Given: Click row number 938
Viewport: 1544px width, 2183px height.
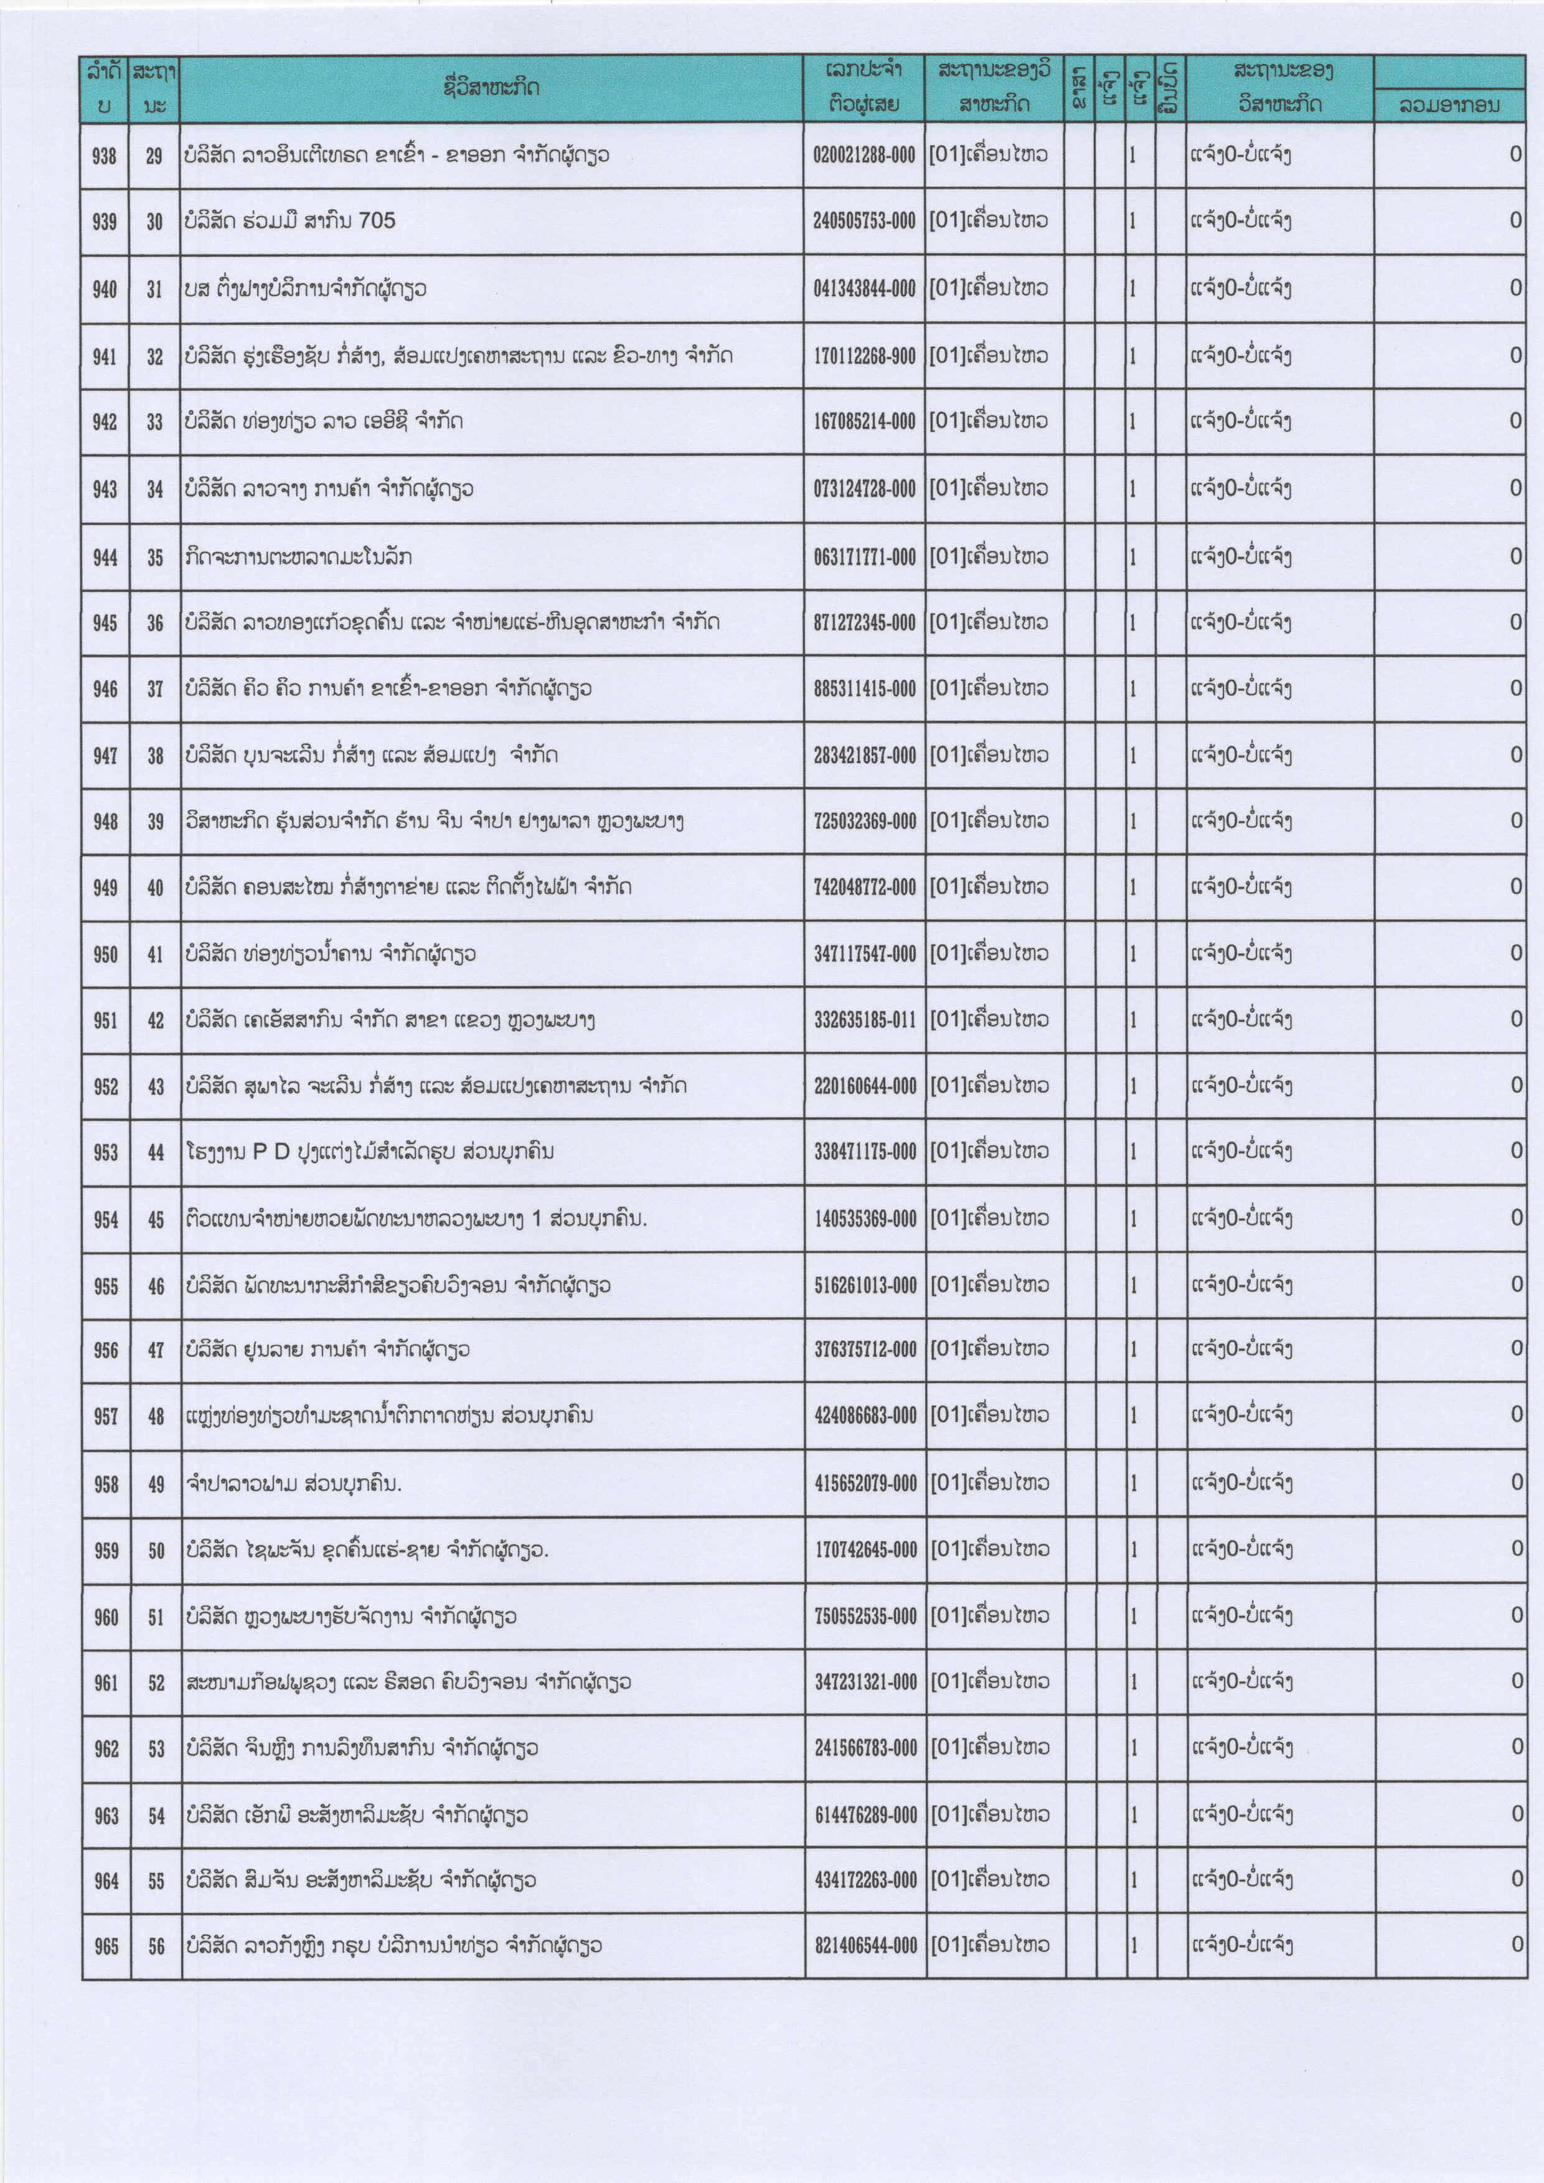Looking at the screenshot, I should (105, 156).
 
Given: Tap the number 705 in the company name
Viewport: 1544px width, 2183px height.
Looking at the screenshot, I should (377, 220).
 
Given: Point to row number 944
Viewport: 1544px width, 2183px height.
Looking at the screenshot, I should (105, 557).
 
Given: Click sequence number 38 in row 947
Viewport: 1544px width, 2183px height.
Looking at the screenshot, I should (155, 756).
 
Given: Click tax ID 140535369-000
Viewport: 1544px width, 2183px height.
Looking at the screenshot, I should (864, 1219).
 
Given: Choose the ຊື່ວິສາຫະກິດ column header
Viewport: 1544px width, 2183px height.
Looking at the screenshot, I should (492, 88).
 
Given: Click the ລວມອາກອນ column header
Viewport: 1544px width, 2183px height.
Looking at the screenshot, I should (1449, 106).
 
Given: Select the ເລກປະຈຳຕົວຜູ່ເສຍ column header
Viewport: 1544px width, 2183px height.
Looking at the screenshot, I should (864, 88).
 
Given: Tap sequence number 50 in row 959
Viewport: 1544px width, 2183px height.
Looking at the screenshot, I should (156, 1551).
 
